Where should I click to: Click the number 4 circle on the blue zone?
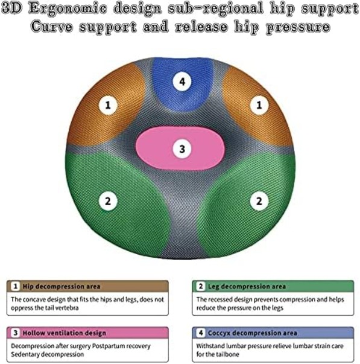coord(182,81)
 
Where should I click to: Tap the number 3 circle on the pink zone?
coord(182,149)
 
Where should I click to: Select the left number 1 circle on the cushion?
coord(108,105)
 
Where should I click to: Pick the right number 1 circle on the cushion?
coord(259,105)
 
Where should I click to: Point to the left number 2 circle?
coord(108,201)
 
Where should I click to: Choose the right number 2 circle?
coord(259,201)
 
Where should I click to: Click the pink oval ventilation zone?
coord(180,148)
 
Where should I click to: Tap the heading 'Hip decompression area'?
coord(62,287)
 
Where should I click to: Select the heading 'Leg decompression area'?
coord(247,287)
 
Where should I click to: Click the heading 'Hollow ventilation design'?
coord(65,333)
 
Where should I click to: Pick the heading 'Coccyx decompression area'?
coord(253,333)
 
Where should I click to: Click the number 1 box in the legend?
coord(16,286)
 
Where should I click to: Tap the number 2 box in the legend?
coord(201,286)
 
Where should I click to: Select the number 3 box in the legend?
coord(16,333)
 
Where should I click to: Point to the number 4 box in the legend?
coord(201,333)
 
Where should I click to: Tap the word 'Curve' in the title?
coord(52,27)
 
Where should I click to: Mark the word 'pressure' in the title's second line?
coord(298,27)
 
